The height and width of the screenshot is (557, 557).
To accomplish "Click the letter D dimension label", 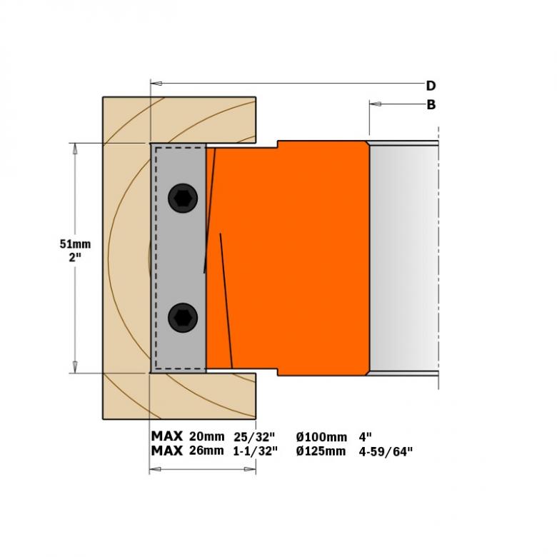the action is tap(431, 86).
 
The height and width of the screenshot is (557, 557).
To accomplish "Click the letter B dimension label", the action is tap(431, 105).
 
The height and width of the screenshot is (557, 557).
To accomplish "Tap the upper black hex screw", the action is tap(183, 199).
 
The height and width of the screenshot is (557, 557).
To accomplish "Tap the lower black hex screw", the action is tap(183, 318).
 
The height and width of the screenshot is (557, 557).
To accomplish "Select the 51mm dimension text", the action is tap(75, 244).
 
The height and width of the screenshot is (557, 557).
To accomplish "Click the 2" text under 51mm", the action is tap(75, 257).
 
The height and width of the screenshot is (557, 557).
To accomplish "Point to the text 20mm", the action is tap(207, 436).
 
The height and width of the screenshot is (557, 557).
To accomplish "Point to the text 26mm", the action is tap(206, 451).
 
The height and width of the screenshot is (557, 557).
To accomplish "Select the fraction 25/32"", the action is tap(254, 436).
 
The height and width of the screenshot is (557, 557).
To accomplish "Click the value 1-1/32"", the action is tap(255, 451).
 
